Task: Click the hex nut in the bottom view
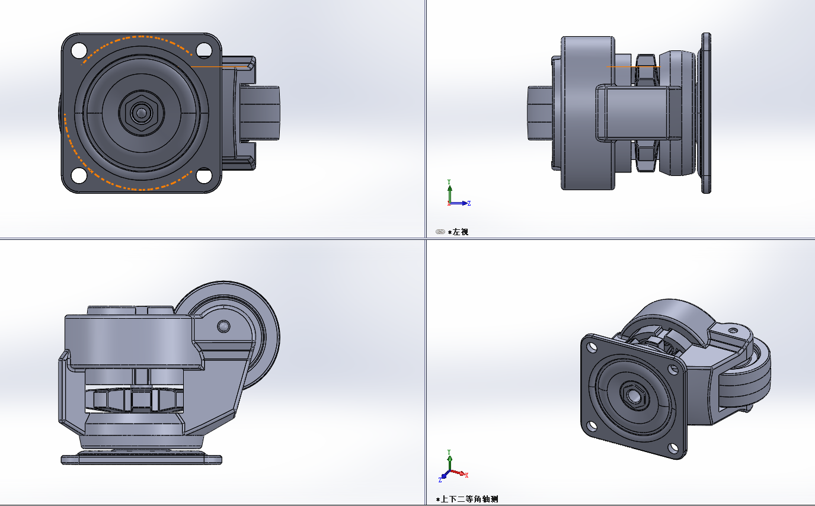tap(141, 113)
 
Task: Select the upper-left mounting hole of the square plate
tap(79, 50)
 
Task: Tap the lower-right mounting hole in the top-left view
tap(204, 176)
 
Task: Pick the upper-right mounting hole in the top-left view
tap(204, 50)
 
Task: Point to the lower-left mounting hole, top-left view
tap(79, 176)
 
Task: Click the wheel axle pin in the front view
tap(223, 326)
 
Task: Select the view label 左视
tap(461, 232)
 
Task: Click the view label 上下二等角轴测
tap(469, 499)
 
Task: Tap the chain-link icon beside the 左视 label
tap(440, 232)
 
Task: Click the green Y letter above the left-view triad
tap(449, 181)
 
